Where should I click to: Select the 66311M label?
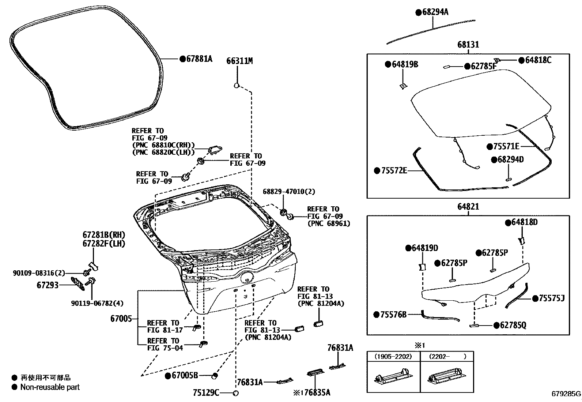pos(239,61)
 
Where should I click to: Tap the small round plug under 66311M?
pos(237,86)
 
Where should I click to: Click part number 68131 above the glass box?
pos(468,45)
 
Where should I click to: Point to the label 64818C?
pos(538,60)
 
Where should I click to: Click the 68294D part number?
pos(510,159)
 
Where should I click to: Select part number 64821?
pos(468,207)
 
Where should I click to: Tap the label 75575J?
pos(552,298)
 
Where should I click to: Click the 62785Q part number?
pos(513,325)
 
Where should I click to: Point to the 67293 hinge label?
pos(48,285)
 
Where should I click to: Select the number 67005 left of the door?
pos(121,319)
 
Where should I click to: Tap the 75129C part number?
pos(206,393)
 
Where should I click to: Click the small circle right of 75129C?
pos(236,393)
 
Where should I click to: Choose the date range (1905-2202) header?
pos(393,356)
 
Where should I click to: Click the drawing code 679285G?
pos(566,394)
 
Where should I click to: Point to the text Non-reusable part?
pos(50,387)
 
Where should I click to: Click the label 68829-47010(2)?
pos(289,192)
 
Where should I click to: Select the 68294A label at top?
pos(435,12)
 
